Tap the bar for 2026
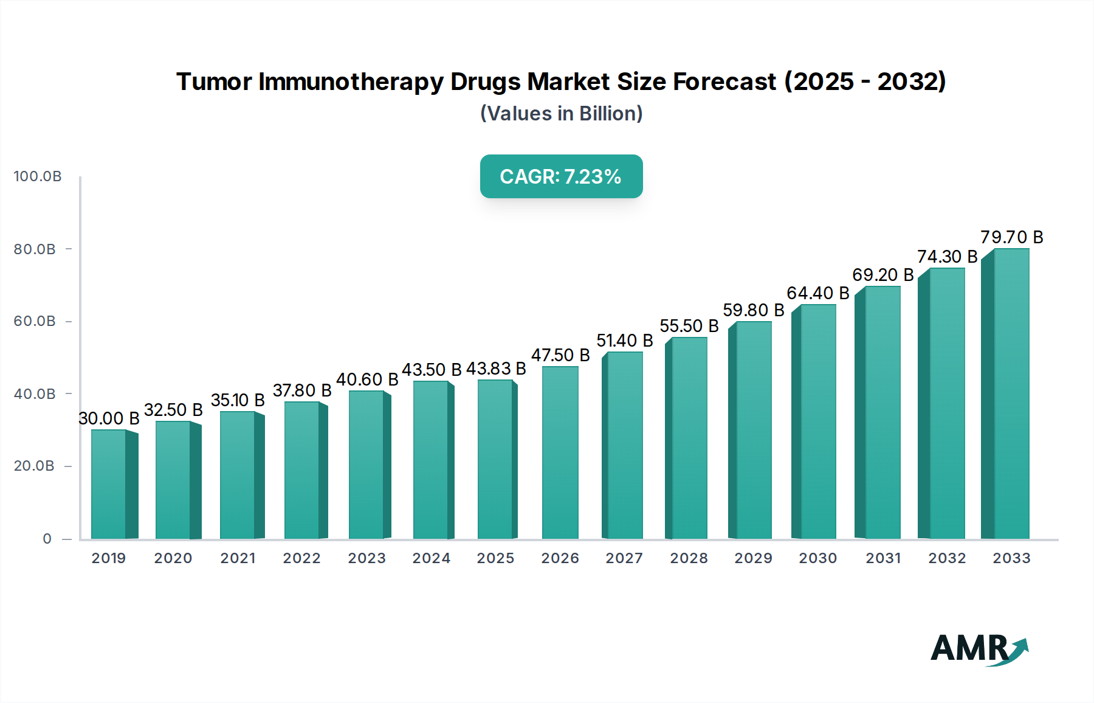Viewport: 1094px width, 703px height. pos(560,452)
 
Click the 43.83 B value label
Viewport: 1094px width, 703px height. pos(496,369)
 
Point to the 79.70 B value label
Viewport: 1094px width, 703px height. pos(1011,237)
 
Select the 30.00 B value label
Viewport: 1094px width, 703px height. pos(109,418)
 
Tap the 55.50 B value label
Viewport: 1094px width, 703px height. pos(689,326)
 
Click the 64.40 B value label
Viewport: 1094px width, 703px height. pos(818,293)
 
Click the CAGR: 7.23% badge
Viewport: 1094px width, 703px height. pos(561,176)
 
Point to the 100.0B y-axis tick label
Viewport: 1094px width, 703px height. pos(38,176)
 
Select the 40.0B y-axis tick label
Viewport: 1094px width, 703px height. pos(35,394)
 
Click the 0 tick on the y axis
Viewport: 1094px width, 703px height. pos(47,539)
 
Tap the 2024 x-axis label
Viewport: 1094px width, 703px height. pos(432,558)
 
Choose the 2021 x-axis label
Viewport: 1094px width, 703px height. pos(238,558)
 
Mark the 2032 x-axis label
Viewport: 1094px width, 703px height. pos(947,558)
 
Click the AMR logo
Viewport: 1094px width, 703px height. pos(979,649)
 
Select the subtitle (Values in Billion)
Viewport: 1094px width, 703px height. pos(561,114)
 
